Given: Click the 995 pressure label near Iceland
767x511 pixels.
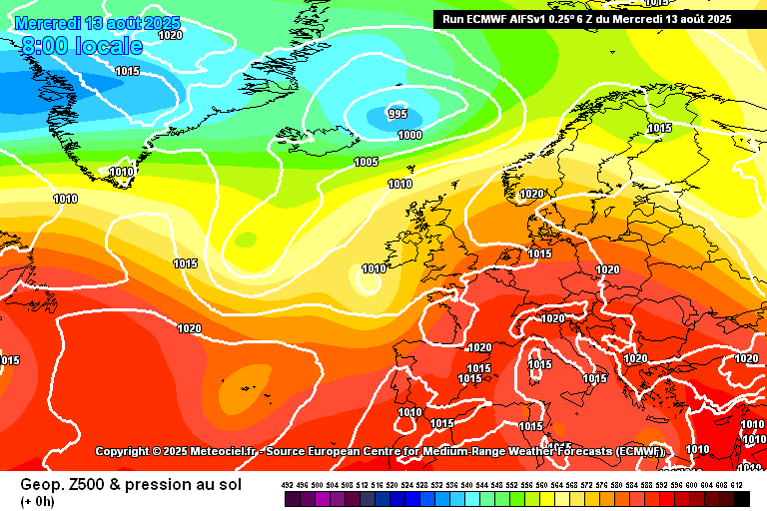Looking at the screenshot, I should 397,114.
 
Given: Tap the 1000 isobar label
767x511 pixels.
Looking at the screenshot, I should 409,135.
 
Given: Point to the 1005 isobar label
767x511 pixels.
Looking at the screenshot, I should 367,162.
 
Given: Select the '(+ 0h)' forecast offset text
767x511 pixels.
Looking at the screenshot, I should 37,500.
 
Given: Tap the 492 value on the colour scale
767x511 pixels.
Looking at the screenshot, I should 288,485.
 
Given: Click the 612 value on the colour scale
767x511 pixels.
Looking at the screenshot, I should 736,485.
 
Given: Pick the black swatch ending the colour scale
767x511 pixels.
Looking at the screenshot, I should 742,498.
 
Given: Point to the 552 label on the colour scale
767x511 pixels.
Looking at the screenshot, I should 512,485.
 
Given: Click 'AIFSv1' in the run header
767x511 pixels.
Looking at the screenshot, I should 529,18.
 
